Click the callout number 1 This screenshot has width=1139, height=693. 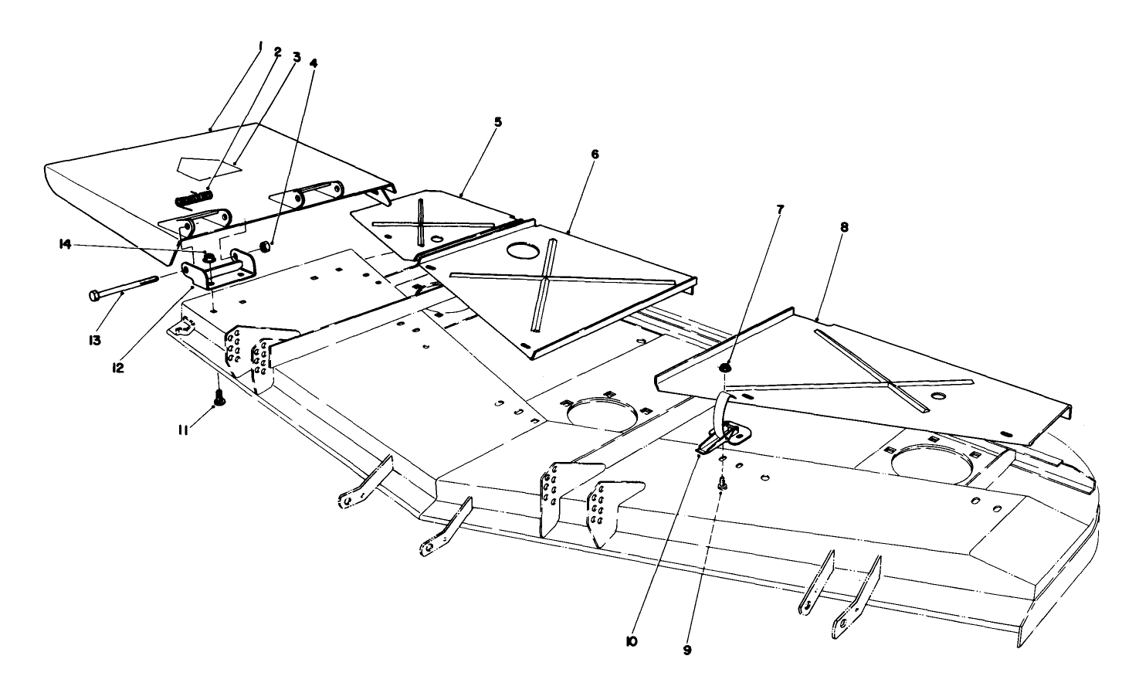point(260,47)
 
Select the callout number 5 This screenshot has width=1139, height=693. point(498,121)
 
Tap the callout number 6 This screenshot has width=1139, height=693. point(595,154)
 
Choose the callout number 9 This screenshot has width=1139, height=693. point(687,650)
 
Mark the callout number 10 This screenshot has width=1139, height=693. point(632,640)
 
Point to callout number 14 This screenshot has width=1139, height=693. point(64,244)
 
